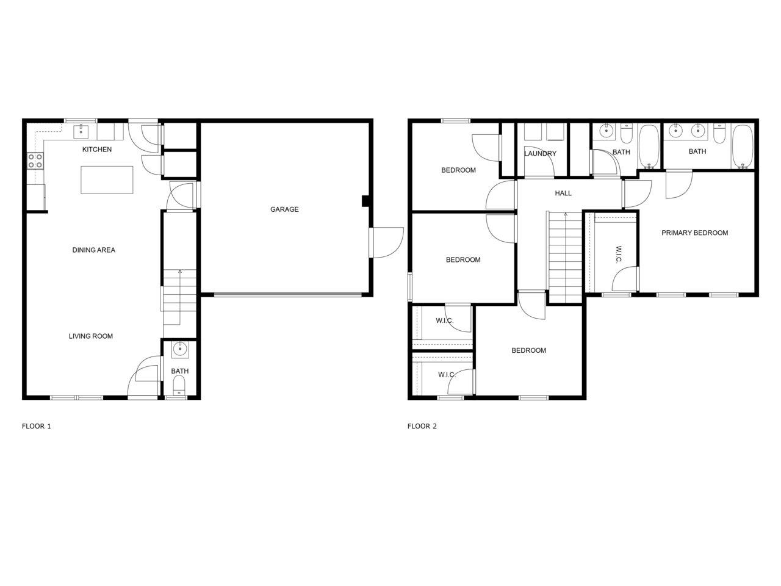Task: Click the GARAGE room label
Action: pyautogui.click(x=284, y=209)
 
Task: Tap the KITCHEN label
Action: pyautogui.click(x=97, y=150)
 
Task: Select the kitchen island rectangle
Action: pyautogui.click(x=107, y=179)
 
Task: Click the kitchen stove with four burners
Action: pyautogui.click(x=35, y=161)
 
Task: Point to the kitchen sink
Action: pyautogui.click(x=81, y=131)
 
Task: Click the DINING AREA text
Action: pyautogui.click(x=93, y=250)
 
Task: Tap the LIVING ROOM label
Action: pyautogui.click(x=90, y=336)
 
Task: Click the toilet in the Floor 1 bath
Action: pyautogui.click(x=179, y=385)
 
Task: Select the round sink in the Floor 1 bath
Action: pyautogui.click(x=179, y=350)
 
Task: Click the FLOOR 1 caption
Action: pyautogui.click(x=37, y=426)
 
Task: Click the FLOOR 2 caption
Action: pyautogui.click(x=422, y=426)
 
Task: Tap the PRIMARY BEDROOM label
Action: pyautogui.click(x=694, y=233)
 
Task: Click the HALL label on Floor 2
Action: pyautogui.click(x=563, y=193)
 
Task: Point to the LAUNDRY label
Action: pyautogui.click(x=540, y=153)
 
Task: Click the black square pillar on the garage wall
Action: pyautogui.click(x=365, y=201)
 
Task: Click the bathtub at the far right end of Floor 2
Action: pyautogui.click(x=742, y=146)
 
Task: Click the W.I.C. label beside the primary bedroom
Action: pyautogui.click(x=618, y=255)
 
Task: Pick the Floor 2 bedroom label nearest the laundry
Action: pyautogui.click(x=458, y=170)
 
